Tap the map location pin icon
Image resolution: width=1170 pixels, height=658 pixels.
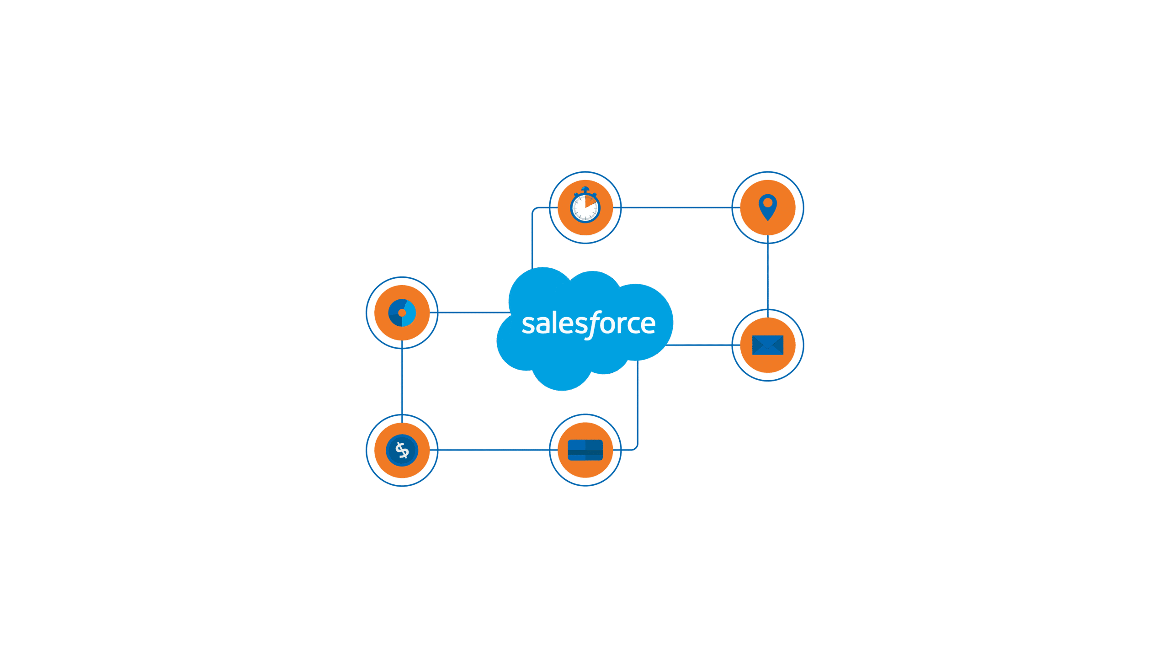768,207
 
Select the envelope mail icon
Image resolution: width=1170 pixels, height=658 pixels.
768,345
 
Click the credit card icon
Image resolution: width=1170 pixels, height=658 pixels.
585,450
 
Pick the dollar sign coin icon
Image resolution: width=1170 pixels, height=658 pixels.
402,451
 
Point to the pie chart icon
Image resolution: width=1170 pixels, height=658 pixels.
402,313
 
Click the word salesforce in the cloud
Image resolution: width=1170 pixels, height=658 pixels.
589,324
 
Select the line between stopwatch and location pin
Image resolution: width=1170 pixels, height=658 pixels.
676,207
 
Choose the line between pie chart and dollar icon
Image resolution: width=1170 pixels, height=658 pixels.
402,382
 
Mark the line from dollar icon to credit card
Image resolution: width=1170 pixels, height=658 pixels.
494,450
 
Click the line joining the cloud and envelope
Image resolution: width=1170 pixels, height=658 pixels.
704,345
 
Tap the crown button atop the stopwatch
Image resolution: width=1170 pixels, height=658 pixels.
585,189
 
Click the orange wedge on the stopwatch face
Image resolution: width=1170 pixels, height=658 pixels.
591,202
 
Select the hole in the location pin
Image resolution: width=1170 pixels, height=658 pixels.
768,203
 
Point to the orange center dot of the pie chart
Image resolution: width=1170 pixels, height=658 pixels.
402,313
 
